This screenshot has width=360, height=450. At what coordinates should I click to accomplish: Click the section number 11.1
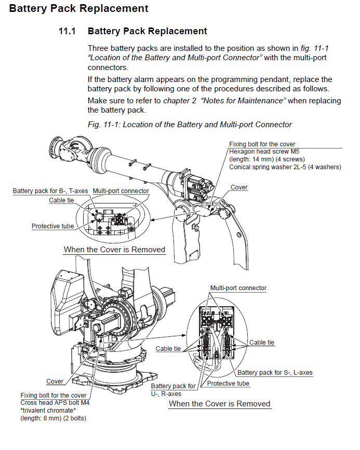tap(68, 31)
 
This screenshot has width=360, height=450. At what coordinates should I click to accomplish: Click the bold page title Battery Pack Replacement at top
tap(78, 8)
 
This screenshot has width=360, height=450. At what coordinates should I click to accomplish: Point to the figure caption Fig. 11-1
tap(190, 125)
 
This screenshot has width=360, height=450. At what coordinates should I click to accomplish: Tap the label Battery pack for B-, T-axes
tap(50, 191)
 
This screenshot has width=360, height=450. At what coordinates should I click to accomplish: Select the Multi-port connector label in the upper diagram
tap(121, 191)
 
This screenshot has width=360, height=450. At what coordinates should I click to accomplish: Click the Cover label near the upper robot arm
tap(239, 187)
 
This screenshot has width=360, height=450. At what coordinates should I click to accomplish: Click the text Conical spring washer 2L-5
tap(285, 167)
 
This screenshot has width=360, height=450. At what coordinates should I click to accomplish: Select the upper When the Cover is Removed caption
tap(114, 250)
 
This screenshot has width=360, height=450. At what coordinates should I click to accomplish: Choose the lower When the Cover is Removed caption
tap(220, 404)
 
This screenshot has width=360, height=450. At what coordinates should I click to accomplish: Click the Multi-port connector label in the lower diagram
tap(238, 288)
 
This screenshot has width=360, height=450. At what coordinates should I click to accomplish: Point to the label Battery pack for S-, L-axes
tap(275, 373)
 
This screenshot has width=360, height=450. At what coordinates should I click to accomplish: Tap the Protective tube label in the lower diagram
tap(228, 384)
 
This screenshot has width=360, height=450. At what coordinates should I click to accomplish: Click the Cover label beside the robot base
tap(55, 381)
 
